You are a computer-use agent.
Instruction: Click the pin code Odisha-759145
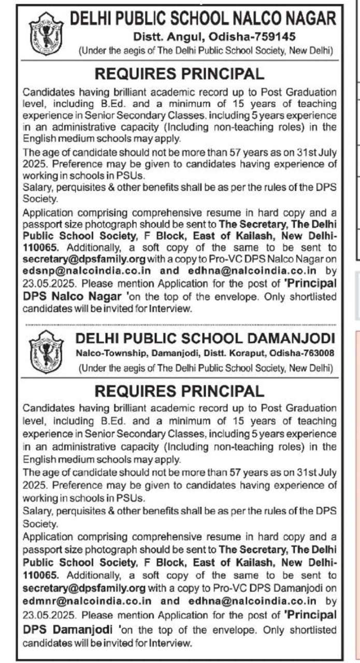point(252,37)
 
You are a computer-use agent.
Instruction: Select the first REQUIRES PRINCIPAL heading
point(179,74)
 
